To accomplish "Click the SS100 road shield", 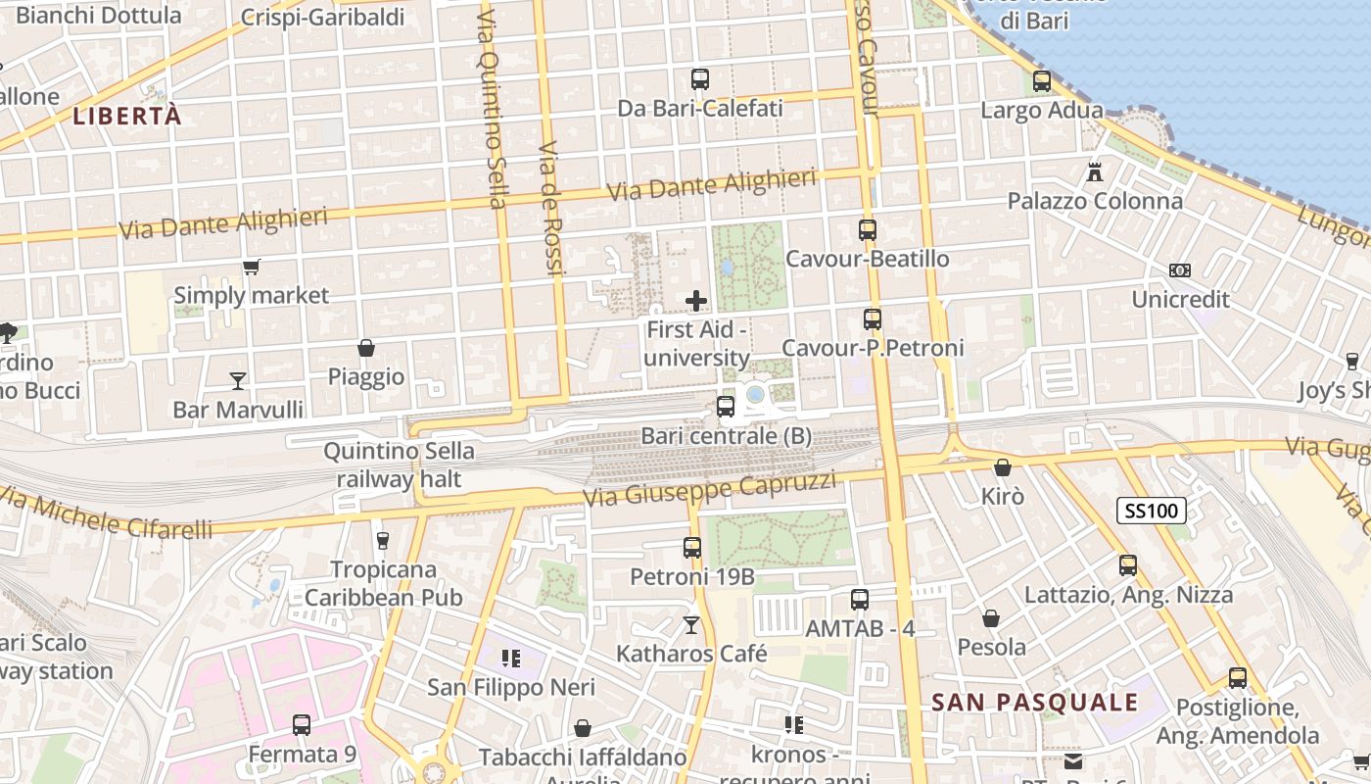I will [1152, 510].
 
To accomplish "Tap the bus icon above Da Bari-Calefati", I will [700, 79].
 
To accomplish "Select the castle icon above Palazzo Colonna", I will [1095, 171].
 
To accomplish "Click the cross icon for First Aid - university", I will [696, 300].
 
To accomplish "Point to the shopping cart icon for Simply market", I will [252, 267].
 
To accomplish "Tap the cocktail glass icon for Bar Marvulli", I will [237, 380].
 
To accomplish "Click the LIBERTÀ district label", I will [127, 116].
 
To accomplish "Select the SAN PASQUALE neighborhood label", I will [1034, 702].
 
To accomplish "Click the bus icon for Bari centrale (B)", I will [726, 406].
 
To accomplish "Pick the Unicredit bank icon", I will [1180, 269].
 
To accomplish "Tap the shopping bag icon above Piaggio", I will [366, 348].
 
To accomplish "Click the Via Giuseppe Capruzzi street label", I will [710, 488].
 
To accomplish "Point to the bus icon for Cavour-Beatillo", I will [868, 230].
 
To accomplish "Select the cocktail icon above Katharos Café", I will [691, 624].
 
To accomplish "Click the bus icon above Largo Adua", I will [1042, 81].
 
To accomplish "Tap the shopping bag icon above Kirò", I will [1002, 467].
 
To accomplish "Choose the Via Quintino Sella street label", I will [492, 108].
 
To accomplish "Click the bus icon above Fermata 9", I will [302, 725].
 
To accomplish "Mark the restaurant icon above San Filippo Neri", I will [510, 659].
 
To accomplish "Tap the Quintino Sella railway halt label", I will [399, 465].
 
